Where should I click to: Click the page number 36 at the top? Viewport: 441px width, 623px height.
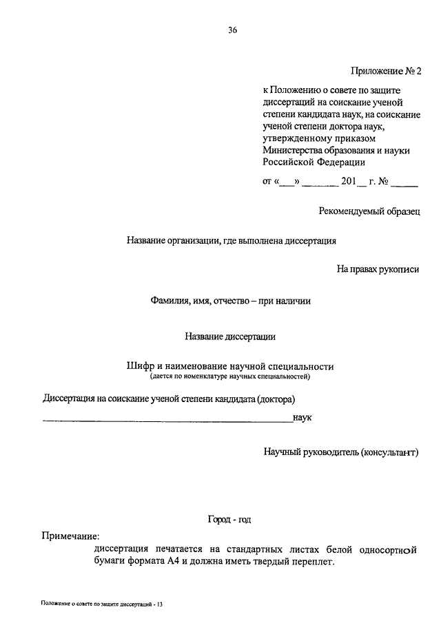232,30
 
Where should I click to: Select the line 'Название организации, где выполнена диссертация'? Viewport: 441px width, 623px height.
231,241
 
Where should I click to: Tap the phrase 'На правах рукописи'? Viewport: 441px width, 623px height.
378,270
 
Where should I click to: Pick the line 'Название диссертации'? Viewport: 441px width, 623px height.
230,337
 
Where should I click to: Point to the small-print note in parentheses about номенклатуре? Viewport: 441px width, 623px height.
230,377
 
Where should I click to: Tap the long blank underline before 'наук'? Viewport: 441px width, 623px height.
167,421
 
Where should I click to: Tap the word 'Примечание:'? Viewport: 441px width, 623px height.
70,536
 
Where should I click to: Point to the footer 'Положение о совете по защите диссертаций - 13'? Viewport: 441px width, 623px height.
101,604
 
